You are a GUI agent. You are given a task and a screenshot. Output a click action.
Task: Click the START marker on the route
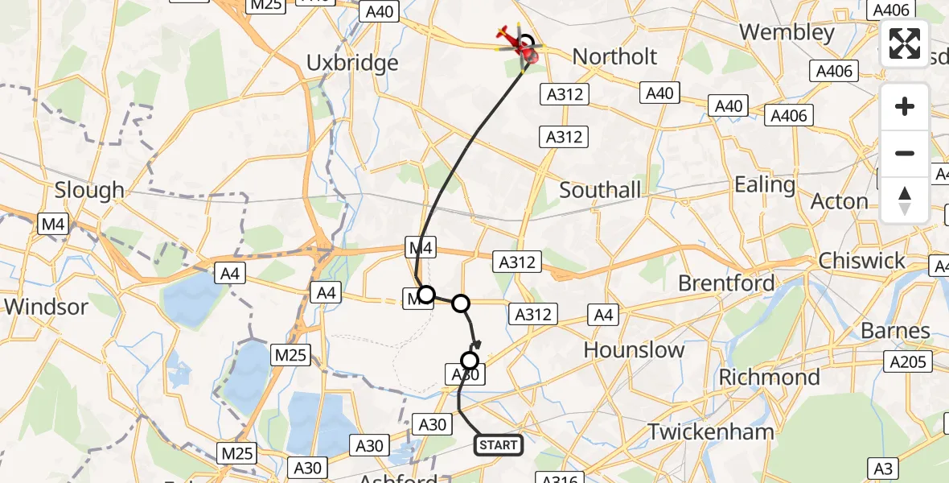pyautogui.click(x=499, y=444)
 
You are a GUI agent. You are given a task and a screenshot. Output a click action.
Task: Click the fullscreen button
pyautogui.click(x=905, y=43)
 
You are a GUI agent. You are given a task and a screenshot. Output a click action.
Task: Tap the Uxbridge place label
pyautogui.click(x=352, y=63)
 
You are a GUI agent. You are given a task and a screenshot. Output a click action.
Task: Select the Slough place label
pyautogui.click(x=89, y=190)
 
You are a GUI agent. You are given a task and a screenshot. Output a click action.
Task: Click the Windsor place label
pyautogui.click(x=46, y=307)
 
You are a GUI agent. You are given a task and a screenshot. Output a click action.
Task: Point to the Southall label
pyautogui.click(x=600, y=190)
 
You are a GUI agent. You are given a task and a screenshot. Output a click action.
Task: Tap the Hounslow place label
pyautogui.click(x=634, y=350)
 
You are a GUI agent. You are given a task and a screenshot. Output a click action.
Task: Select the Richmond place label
pyautogui.click(x=769, y=377)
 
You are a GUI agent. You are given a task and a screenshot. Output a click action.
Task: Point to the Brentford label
pyautogui.click(x=726, y=283)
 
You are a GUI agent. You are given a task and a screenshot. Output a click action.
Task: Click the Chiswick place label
pyautogui.click(x=861, y=261)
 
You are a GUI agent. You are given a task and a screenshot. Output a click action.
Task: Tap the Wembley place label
pyautogui.click(x=787, y=32)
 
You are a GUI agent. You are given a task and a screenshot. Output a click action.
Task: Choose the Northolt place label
pyautogui.click(x=614, y=56)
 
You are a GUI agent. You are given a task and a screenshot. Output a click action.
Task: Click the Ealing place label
pyautogui.click(x=764, y=184)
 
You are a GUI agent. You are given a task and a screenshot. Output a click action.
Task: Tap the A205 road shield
pyautogui.click(x=907, y=362)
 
